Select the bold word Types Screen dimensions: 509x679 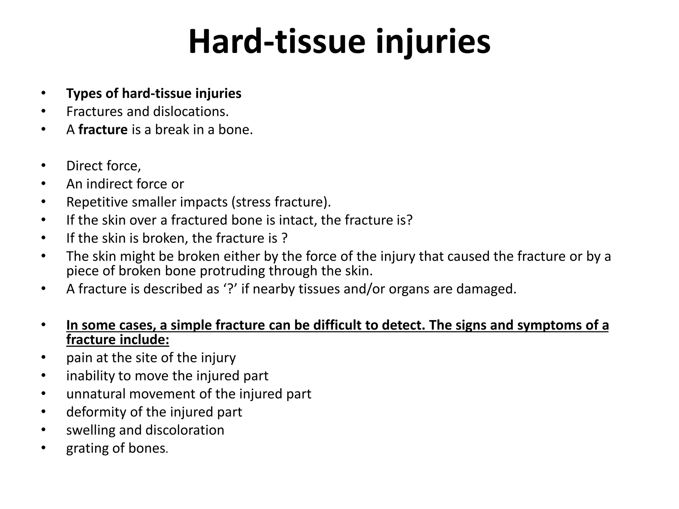(84, 94)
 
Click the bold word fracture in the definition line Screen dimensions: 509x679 (103, 130)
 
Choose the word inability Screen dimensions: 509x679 (88, 376)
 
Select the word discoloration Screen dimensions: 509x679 (185, 430)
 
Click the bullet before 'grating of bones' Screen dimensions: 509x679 (43, 448)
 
